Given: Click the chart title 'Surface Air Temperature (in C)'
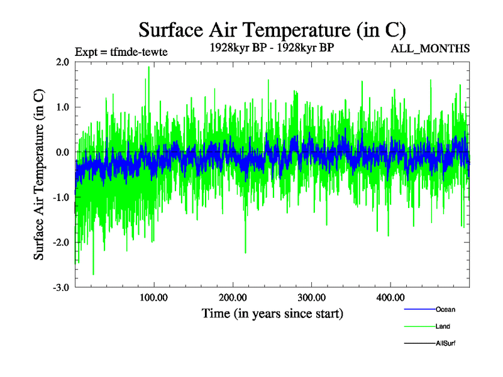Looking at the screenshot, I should (272, 30).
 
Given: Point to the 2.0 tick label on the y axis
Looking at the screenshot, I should (62, 62).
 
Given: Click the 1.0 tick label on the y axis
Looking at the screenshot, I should (62, 107).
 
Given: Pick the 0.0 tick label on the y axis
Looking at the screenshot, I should (62, 153).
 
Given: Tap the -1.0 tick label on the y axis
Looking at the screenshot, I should (61, 197).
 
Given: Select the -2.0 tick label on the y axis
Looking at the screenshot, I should (61, 243).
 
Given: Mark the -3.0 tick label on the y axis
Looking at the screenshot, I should (61, 288).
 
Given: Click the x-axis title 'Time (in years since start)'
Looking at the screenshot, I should (272, 313).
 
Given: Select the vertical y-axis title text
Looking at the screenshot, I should (39, 175).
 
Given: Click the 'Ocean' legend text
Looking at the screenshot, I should (445, 310).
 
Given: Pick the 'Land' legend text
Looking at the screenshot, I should (443, 327).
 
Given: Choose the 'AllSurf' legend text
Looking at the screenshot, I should (445, 343).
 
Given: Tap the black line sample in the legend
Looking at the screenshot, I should (419, 343).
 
